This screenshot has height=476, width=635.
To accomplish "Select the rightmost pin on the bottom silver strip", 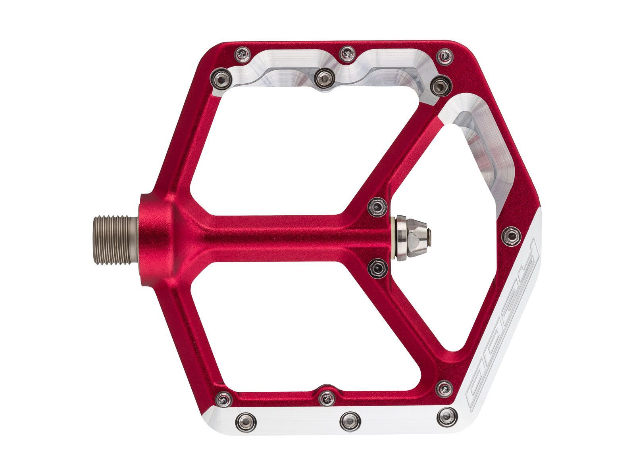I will (x=446, y=418).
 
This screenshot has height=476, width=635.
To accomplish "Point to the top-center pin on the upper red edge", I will (x=347, y=52).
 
